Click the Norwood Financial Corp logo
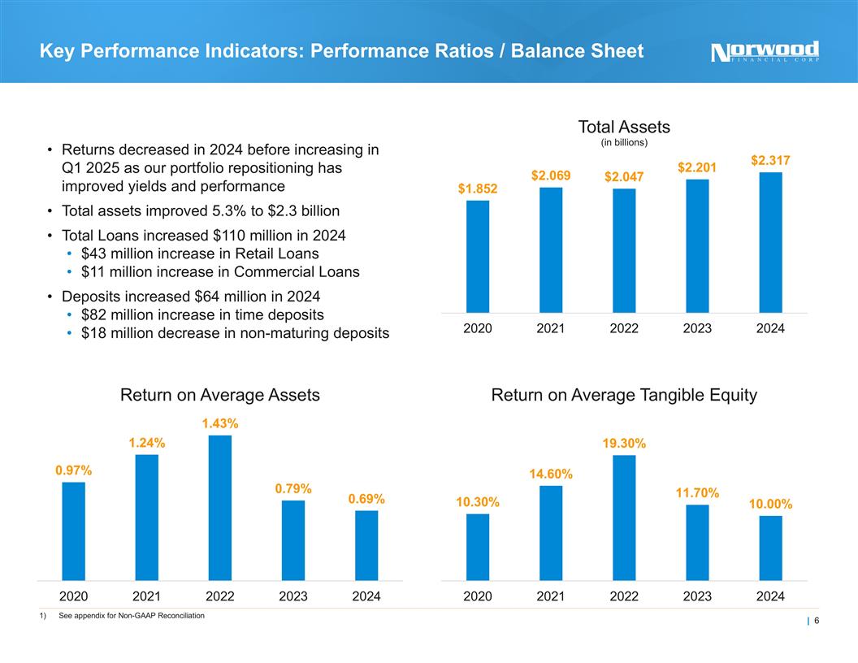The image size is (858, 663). coord(765,51)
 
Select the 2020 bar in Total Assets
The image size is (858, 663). coord(478,256)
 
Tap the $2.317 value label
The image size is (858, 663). coord(770,161)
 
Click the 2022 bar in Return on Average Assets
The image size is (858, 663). coord(220,508)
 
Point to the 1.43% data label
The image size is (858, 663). coord(220,423)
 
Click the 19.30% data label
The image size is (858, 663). coord(624,444)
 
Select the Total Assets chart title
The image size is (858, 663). coord(624,127)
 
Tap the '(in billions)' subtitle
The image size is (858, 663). coord(624,143)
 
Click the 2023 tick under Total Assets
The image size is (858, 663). coord(697,328)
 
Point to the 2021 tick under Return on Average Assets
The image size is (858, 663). coord(147,596)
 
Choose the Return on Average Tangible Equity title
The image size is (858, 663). coord(624,395)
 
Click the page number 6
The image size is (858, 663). coord(816,622)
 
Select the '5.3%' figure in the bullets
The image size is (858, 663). coord(198,210)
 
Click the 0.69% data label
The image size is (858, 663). coord(366,499)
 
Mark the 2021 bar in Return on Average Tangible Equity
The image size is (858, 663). coord(551,533)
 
